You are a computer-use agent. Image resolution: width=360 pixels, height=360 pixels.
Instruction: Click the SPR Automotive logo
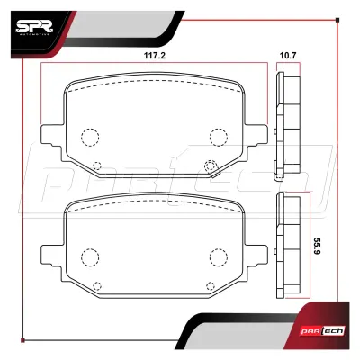tap(34, 28)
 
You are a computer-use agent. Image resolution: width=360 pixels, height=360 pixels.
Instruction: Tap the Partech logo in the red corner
tap(326, 331)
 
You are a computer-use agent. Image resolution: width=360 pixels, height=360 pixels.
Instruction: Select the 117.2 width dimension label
tap(155, 56)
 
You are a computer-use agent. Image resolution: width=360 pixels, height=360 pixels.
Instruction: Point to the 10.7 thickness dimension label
tap(288, 56)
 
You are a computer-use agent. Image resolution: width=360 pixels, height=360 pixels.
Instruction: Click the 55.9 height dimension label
tap(317, 247)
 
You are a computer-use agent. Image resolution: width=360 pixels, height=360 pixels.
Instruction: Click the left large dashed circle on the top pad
tap(90, 137)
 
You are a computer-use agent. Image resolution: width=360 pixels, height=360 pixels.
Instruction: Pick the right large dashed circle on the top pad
tap(219, 137)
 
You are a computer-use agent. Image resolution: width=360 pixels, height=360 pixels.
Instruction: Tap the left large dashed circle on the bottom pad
tap(90, 257)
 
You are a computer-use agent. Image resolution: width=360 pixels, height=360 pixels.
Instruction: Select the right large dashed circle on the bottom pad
tap(219, 257)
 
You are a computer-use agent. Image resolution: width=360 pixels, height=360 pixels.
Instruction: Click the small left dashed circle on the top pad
tap(97, 166)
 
